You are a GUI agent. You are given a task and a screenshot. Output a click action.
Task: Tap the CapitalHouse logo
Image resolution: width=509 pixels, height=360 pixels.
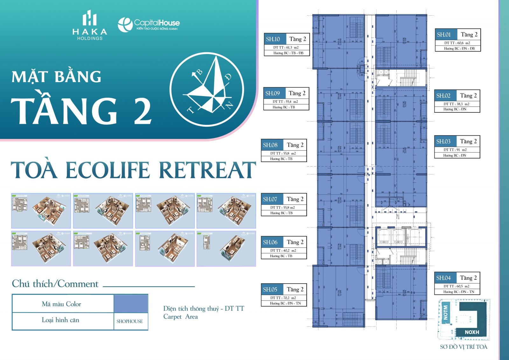[149, 24]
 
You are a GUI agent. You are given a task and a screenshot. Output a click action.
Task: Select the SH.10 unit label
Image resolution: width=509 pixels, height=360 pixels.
[273, 39]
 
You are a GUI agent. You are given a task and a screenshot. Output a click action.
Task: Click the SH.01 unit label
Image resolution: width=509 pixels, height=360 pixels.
[444, 35]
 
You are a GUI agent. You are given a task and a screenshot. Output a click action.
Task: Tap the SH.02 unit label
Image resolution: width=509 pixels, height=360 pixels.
[443, 95]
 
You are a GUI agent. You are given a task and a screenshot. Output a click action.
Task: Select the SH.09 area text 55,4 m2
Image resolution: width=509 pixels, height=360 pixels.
[285, 102]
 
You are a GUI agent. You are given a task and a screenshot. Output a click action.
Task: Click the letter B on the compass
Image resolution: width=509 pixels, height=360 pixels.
[200, 72]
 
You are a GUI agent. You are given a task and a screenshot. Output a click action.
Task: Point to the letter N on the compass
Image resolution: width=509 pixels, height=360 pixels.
[230, 106]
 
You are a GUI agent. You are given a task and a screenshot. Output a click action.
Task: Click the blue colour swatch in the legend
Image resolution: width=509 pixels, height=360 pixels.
[131, 303]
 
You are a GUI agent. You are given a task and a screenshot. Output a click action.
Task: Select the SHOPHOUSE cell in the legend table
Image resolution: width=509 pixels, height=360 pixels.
[130, 321]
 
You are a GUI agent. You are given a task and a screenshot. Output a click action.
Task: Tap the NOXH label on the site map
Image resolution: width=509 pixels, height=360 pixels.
[472, 332]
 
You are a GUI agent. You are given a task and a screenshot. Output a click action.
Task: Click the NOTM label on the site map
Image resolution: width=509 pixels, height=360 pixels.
[445, 312]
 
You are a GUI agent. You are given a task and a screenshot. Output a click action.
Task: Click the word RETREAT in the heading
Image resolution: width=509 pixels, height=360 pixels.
[207, 170]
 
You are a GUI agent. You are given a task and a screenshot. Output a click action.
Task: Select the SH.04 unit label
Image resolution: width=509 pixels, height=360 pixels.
[443, 278]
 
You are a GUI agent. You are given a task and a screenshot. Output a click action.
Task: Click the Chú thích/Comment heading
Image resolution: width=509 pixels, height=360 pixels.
[55, 284]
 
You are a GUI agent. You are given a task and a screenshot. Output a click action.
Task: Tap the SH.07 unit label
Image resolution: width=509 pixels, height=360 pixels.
[270, 199]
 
